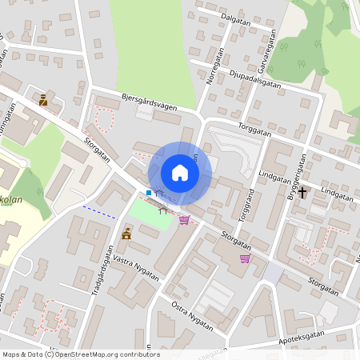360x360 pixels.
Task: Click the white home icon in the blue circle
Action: tap(180, 172)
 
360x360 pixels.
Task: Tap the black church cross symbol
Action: tap(302, 192)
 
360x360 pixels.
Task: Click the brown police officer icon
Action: tap(43, 100)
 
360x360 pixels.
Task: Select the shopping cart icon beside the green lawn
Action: tap(185, 219)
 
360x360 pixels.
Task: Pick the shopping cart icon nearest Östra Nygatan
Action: tap(245, 258)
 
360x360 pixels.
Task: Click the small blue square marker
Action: tap(149, 193)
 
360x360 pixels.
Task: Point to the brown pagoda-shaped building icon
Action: tap(126, 234)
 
